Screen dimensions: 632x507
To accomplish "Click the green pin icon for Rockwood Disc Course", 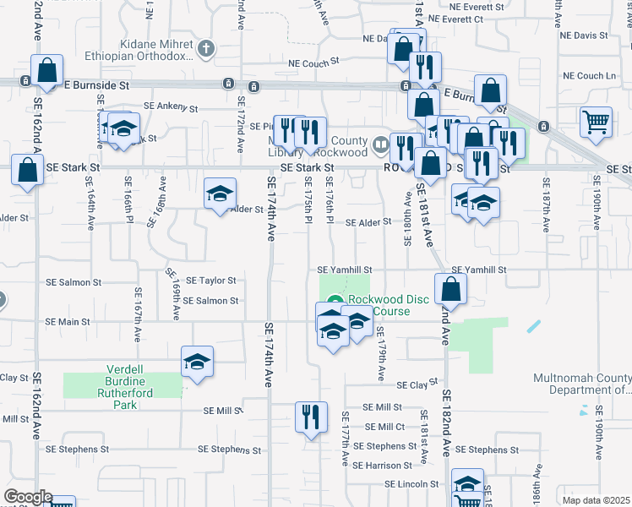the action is point(335,300).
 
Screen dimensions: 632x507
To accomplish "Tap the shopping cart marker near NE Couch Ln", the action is point(596,121).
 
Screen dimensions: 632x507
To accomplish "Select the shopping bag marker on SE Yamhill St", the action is point(452,288).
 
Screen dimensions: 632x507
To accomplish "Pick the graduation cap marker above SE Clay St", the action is point(196,363).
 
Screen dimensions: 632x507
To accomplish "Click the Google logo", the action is point(28,497).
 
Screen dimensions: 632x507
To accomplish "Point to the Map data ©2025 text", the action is point(596,500).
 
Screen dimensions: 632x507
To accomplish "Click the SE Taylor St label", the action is point(210,280).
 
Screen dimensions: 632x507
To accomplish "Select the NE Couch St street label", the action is point(313,62).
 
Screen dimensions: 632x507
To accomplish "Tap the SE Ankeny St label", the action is point(171,107).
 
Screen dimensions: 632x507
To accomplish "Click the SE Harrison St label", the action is point(383,466).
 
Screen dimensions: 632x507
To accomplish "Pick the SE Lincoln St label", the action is point(414,485).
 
